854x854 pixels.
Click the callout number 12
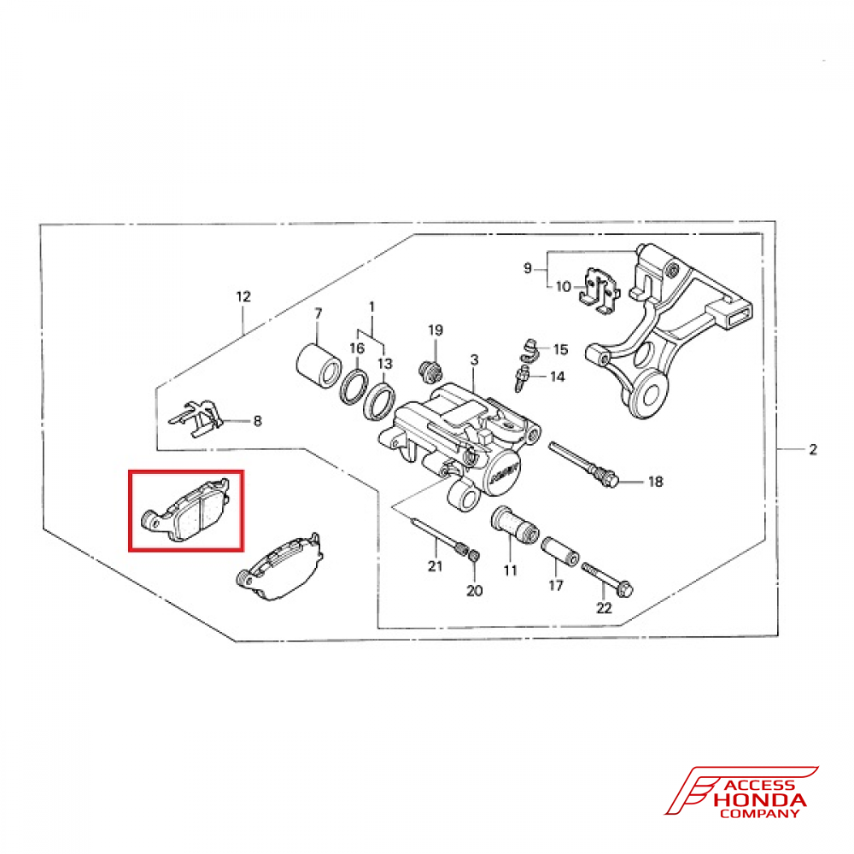click(244, 297)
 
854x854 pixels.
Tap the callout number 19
click(436, 330)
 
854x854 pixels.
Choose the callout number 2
click(813, 449)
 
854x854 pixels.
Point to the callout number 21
click(435, 567)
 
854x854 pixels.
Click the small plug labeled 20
click(475, 557)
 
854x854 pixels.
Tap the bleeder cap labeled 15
click(529, 347)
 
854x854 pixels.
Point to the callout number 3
click(474, 360)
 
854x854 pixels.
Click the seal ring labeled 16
click(355, 387)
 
